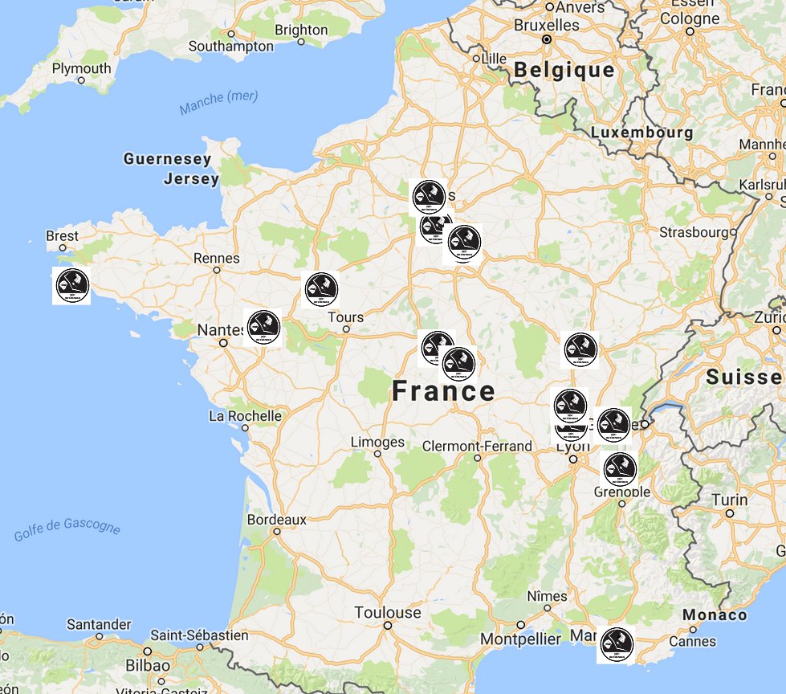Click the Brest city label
point(63,236)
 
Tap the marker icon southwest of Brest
point(71,285)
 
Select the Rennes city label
point(217,258)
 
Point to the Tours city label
point(346,316)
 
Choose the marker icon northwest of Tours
point(321,289)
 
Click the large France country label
point(443,392)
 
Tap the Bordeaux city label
point(276,520)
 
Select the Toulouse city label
point(388,613)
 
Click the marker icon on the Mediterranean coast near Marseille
point(617,644)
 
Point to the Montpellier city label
point(520,639)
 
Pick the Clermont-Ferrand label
point(477,446)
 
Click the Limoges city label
point(377,443)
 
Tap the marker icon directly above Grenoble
point(620,468)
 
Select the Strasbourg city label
point(692,232)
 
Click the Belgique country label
point(564,70)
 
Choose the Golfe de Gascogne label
point(67,531)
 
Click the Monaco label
point(715,615)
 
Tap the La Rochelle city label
point(245,416)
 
